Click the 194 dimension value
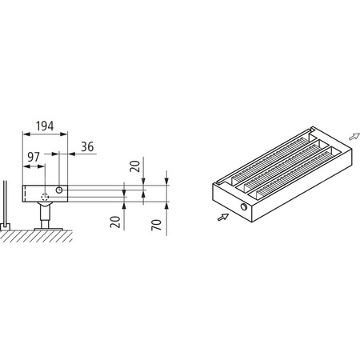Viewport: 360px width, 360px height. tap(44, 127)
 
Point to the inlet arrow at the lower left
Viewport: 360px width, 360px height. tap(223, 216)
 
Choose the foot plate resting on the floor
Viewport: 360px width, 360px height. tap(46, 230)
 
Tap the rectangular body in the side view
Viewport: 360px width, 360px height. tap(72, 194)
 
